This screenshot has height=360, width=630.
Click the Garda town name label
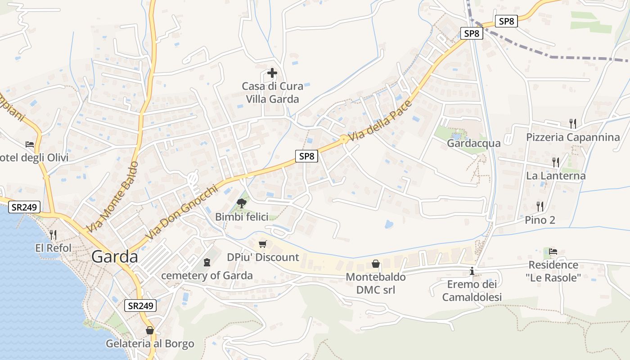click(x=115, y=256)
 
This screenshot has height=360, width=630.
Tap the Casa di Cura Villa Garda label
click(x=272, y=93)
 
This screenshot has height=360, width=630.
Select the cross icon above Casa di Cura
click(x=272, y=72)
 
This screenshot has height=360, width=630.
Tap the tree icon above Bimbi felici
click(x=242, y=203)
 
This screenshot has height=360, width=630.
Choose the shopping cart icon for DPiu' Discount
click(x=263, y=244)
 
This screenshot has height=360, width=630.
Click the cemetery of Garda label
click(x=207, y=275)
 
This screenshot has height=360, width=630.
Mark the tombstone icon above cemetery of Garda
click(x=207, y=262)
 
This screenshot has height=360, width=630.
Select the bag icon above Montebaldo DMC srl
click(x=376, y=264)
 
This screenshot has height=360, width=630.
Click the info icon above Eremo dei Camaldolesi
click(x=472, y=271)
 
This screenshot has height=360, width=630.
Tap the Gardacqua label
click(x=473, y=143)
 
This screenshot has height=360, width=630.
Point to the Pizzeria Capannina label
click(x=573, y=137)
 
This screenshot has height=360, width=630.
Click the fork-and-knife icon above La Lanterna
click(x=556, y=162)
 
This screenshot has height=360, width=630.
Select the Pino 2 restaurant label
click(x=540, y=220)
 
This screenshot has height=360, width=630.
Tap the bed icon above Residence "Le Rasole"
click(x=553, y=251)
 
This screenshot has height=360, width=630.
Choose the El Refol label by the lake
click(x=53, y=248)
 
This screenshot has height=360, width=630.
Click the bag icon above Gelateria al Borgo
click(x=150, y=330)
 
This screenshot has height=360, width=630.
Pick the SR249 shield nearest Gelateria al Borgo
click(x=140, y=306)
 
